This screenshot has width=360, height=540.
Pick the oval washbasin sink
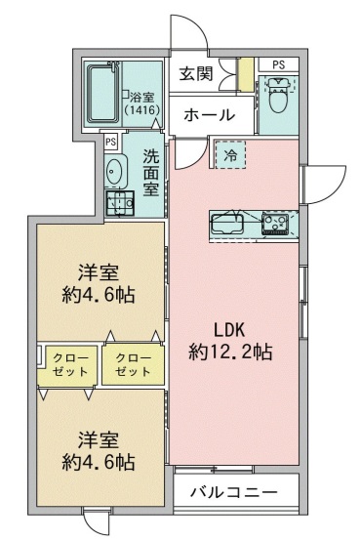[115, 170]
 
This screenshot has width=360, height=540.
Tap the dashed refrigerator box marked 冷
[231, 154]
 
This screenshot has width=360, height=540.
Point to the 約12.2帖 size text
[230, 352]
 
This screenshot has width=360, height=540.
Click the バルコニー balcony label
[234, 491]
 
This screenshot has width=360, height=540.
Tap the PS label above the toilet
[279, 64]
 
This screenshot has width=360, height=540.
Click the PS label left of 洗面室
[111, 142]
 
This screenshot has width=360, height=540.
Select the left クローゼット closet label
[66, 365]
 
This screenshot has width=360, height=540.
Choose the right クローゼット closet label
[128, 365]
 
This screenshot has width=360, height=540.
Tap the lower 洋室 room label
[99, 438]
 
